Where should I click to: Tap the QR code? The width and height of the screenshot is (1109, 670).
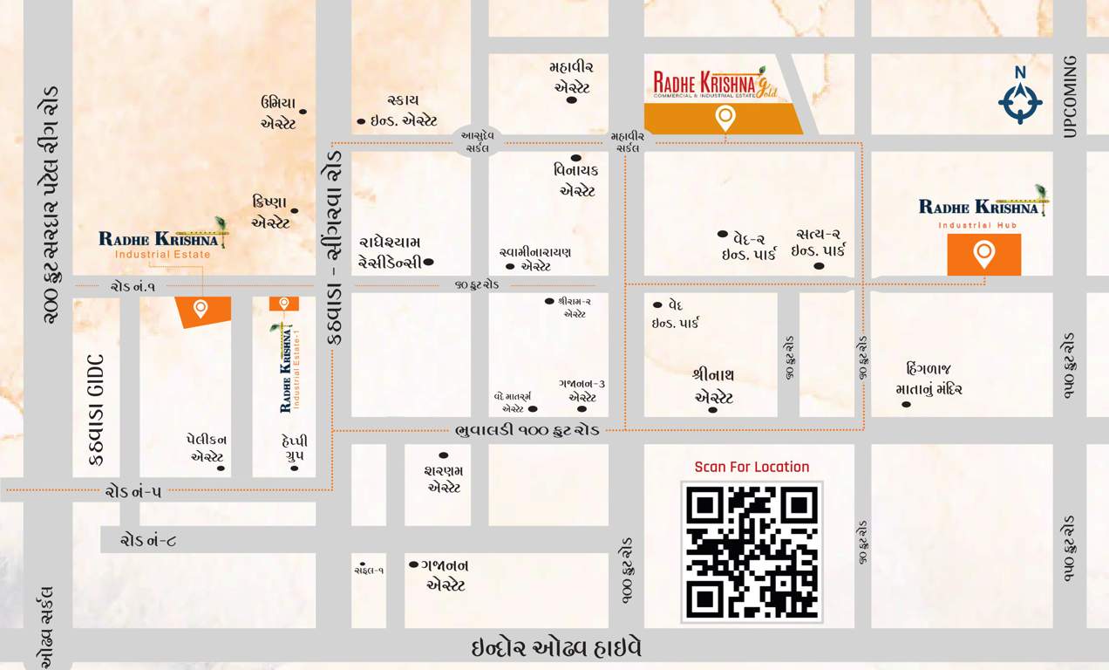(752, 551)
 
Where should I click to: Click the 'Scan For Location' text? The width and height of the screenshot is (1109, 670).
(752, 467)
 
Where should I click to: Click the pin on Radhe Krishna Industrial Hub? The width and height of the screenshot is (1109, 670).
(983, 254)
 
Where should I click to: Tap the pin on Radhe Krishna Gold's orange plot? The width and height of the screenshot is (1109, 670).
(725, 117)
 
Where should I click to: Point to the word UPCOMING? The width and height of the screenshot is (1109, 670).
(1071, 96)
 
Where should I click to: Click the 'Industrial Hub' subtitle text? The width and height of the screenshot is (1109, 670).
(983, 225)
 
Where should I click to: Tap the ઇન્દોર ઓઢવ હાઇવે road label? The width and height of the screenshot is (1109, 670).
(556, 649)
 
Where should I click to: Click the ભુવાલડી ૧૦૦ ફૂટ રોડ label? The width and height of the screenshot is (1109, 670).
(527, 430)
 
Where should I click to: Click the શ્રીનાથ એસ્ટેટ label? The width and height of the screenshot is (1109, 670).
(714, 386)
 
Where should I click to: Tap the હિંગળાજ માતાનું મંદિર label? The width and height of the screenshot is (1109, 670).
(928, 379)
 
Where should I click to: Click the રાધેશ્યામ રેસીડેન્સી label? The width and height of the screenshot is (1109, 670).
(391, 251)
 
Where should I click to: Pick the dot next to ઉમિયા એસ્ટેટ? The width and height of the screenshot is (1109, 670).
(303, 112)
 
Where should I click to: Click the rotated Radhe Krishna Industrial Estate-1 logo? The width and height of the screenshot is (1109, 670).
(287, 366)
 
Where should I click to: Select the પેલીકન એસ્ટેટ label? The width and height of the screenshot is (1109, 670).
(208, 448)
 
